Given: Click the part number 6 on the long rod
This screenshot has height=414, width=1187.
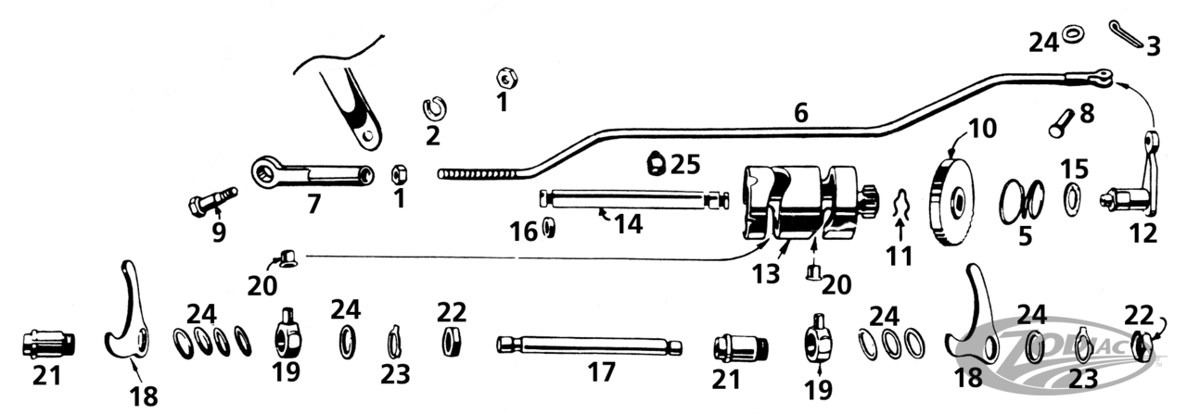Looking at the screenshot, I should pos(800,114).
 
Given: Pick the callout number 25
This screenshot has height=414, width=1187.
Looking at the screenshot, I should pos(684,164).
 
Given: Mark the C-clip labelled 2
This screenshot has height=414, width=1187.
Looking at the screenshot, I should pos(433,107).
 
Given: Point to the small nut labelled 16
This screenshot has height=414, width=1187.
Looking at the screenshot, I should pos(549,229).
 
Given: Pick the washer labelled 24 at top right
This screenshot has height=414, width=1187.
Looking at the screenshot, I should pos(1075,34).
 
